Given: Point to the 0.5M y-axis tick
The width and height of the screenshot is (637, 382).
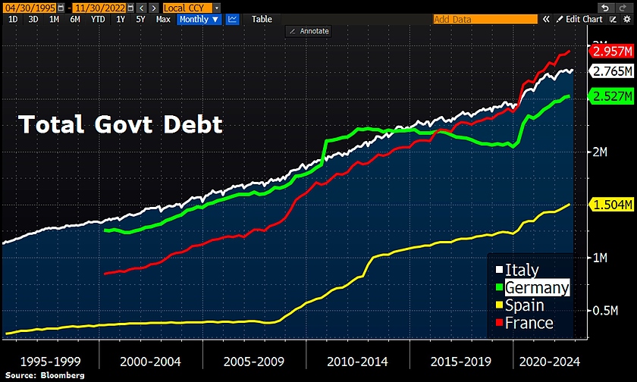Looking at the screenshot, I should click(604, 312).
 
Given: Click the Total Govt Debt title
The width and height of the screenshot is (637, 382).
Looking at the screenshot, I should click(121, 124).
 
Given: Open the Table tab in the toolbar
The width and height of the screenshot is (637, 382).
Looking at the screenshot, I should click(262, 19).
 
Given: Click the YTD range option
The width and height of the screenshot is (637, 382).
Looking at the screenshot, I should click(98, 19).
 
